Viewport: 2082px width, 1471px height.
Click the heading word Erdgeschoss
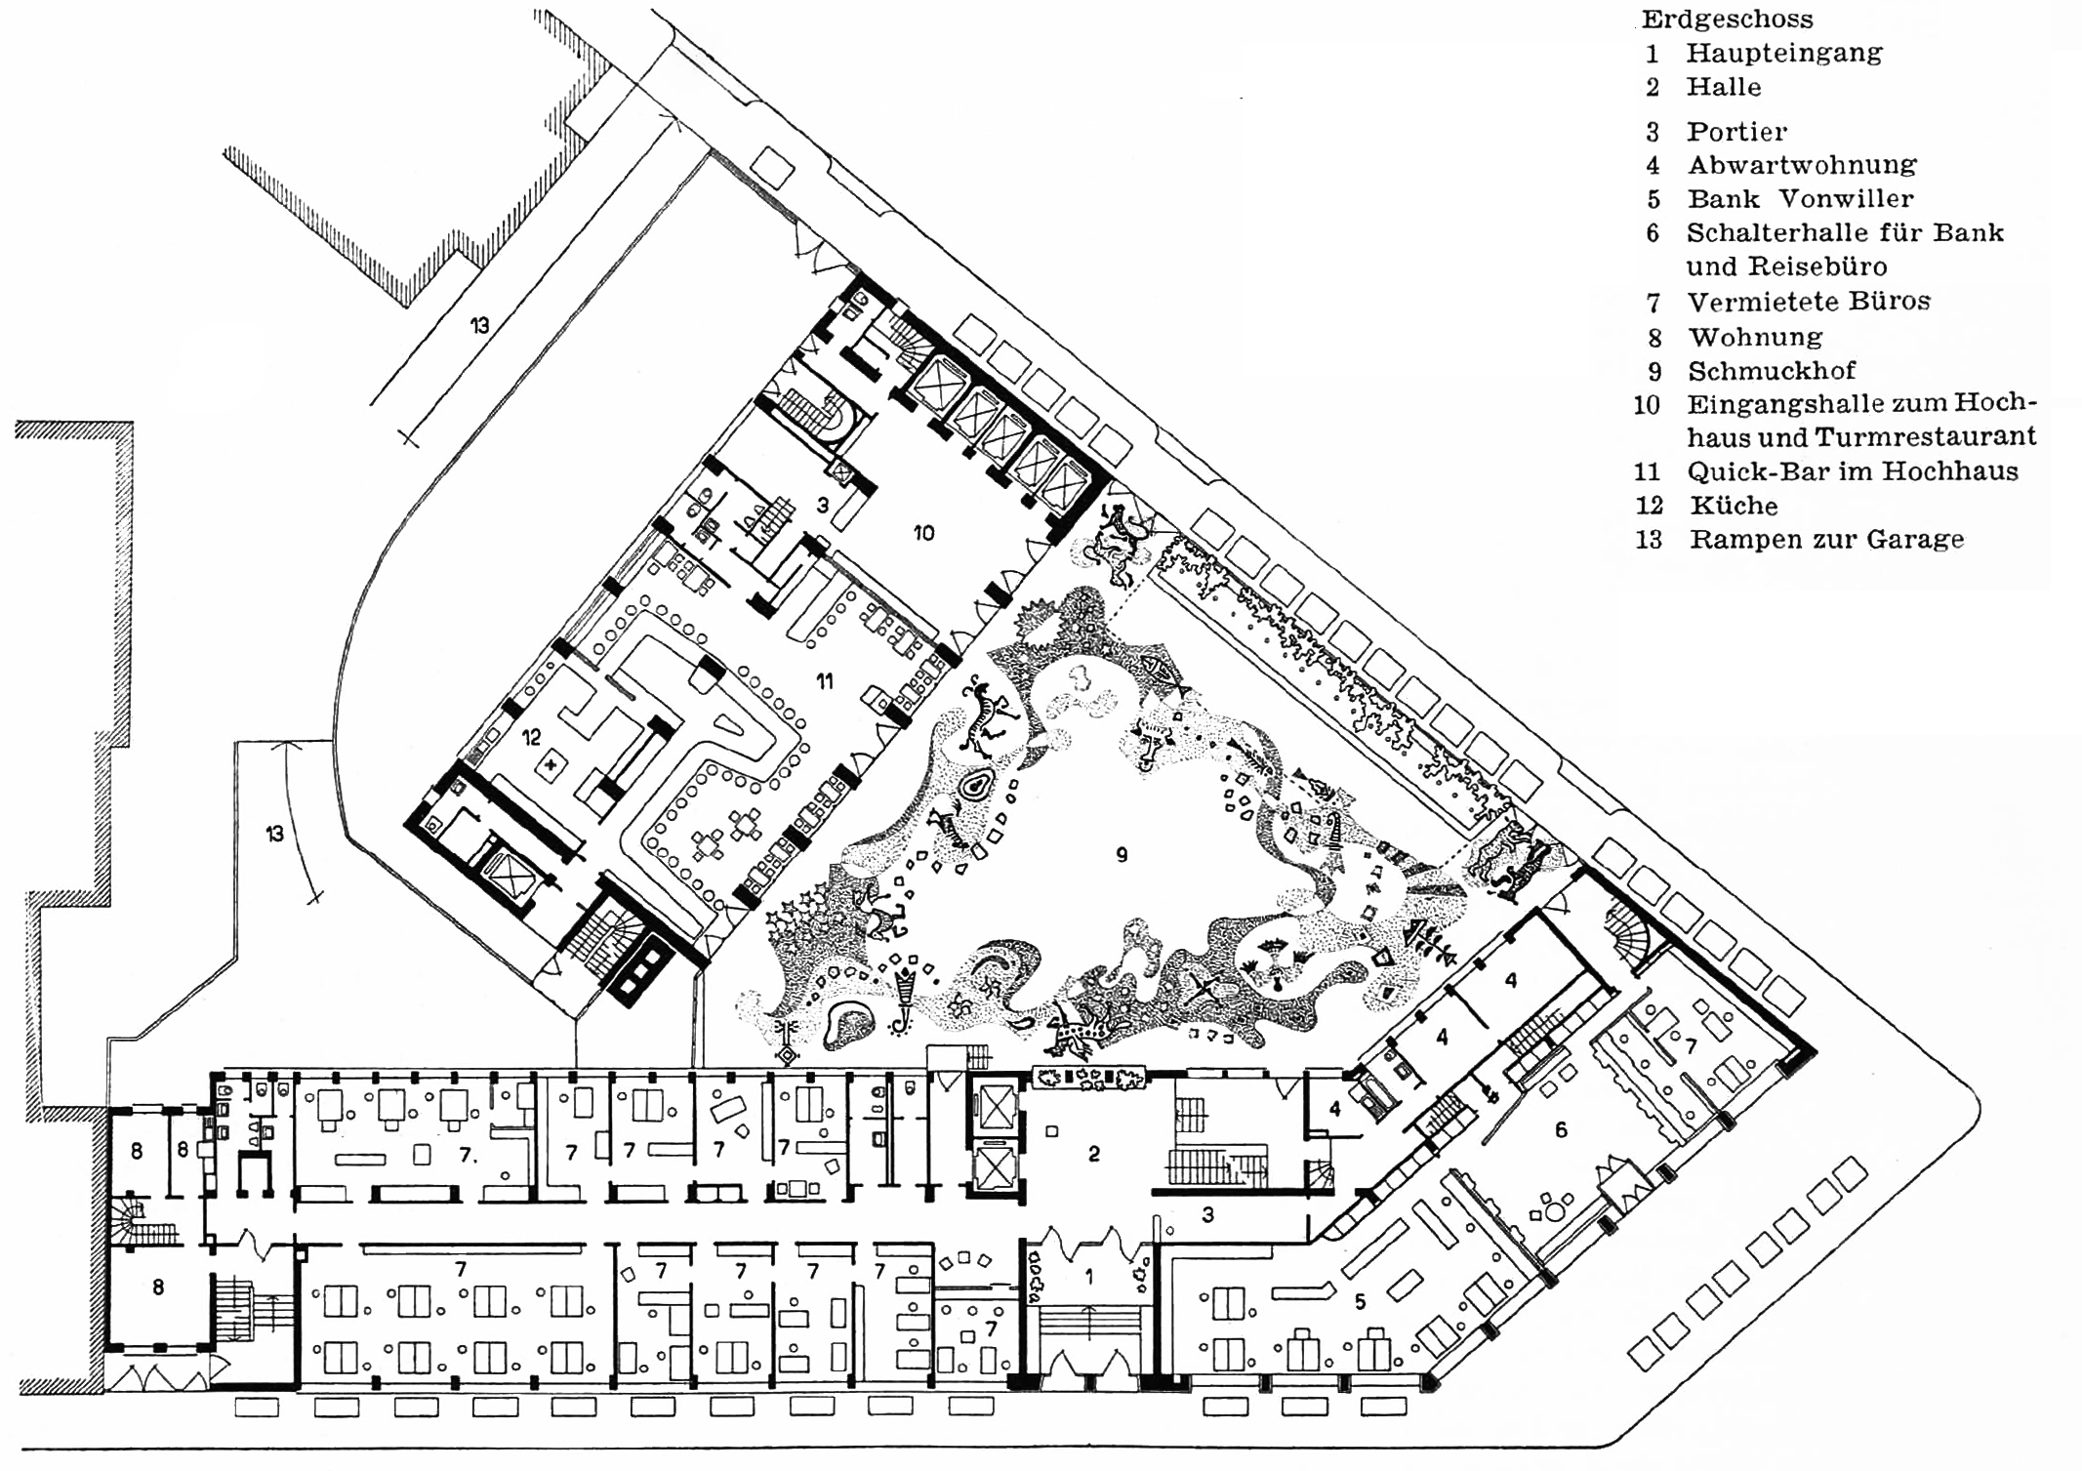pyautogui.click(x=1727, y=20)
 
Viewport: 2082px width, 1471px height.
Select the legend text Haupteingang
pyautogui.click(x=1784, y=53)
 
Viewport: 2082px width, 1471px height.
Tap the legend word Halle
pyautogui.click(x=1724, y=87)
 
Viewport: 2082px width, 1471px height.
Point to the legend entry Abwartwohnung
pyautogui.click(x=1802, y=164)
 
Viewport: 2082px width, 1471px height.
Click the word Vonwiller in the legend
pyautogui.click(x=1845, y=198)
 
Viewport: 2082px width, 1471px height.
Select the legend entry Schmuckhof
pyautogui.click(x=1772, y=371)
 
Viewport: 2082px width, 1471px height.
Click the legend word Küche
pyautogui.click(x=1734, y=505)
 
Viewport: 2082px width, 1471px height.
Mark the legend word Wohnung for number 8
pyautogui.click(x=1755, y=338)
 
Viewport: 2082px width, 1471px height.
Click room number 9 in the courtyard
pyautogui.click(x=1122, y=855)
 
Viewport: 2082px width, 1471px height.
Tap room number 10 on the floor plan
pyautogui.click(x=923, y=533)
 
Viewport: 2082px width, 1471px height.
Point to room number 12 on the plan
pyautogui.click(x=531, y=738)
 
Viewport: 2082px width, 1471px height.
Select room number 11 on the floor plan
pyautogui.click(x=825, y=681)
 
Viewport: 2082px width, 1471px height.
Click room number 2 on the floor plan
pyautogui.click(x=1094, y=1154)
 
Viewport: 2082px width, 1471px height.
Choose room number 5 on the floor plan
pyautogui.click(x=1360, y=1301)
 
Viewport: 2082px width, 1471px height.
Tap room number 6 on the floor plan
pyautogui.click(x=1561, y=1129)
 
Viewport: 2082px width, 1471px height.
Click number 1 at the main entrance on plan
pyautogui.click(x=1090, y=1276)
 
